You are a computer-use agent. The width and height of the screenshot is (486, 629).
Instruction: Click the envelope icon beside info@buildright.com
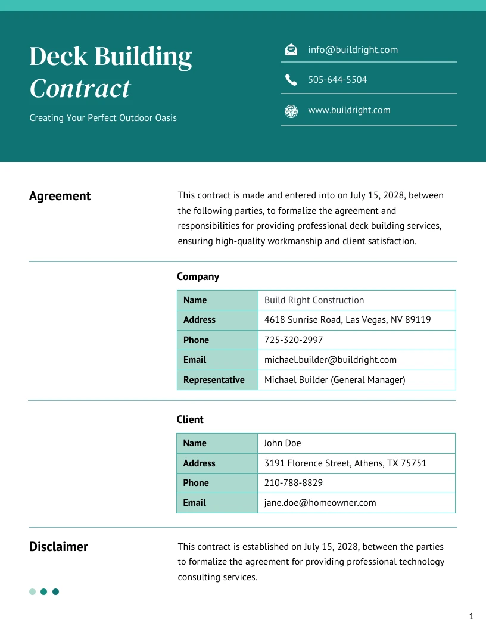(291, 50)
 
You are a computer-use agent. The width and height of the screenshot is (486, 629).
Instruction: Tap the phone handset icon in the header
(291, 80)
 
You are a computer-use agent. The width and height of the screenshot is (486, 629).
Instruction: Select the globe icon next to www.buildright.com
(291, 111)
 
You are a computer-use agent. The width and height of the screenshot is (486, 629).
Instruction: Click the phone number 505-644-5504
(337, 80)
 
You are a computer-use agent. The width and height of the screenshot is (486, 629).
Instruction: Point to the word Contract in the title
(80, 89)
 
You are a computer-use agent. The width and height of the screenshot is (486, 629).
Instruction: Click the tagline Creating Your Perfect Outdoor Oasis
(103, 118)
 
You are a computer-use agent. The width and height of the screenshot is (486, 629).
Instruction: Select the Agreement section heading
(60, 196)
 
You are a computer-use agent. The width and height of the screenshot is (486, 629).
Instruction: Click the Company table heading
(198, 276)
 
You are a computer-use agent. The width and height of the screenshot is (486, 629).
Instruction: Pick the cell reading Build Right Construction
(314, 300)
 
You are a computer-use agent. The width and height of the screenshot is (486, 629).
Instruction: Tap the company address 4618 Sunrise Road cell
(347, 320)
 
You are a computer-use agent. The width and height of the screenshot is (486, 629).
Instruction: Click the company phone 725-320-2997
(294, 340)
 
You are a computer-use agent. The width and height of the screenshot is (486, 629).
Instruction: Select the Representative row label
(214, 380)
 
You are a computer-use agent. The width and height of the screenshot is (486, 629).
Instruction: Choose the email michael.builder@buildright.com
(330, 360)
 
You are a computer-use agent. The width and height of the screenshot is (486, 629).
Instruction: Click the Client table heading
(190, 419)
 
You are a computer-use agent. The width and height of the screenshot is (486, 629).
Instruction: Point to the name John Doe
(282, 443)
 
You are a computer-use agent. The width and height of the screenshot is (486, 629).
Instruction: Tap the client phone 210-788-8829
(293, 483)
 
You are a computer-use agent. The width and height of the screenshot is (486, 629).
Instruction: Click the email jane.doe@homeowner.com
(320, 503)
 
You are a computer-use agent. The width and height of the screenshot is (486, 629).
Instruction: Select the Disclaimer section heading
(58, 547)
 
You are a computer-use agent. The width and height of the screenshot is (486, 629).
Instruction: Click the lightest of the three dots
(32, 591)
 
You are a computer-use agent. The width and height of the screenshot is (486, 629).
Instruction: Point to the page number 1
(471, 616)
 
